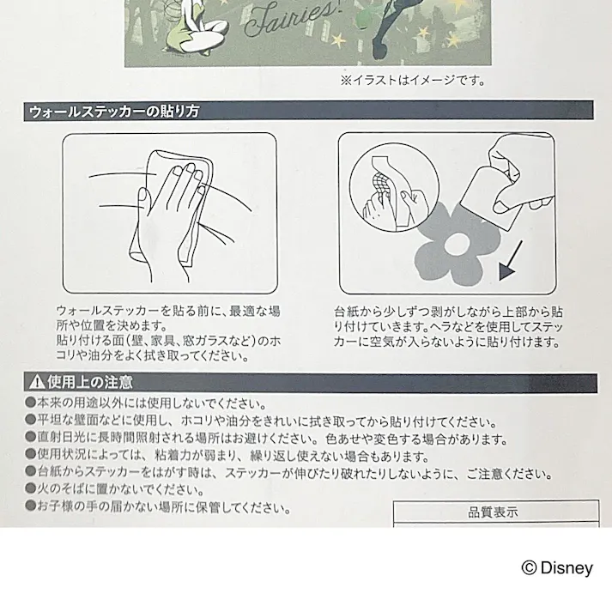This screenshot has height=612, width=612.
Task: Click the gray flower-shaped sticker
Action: coord(454,245)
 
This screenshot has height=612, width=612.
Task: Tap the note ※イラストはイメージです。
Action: coord(412,82)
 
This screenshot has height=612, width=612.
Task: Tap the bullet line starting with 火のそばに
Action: coord(115,490)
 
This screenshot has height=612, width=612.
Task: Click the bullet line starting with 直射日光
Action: coord(266,438)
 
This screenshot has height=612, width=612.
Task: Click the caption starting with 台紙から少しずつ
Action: coord(450,326)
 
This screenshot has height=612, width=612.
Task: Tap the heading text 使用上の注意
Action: coord(86,382)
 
